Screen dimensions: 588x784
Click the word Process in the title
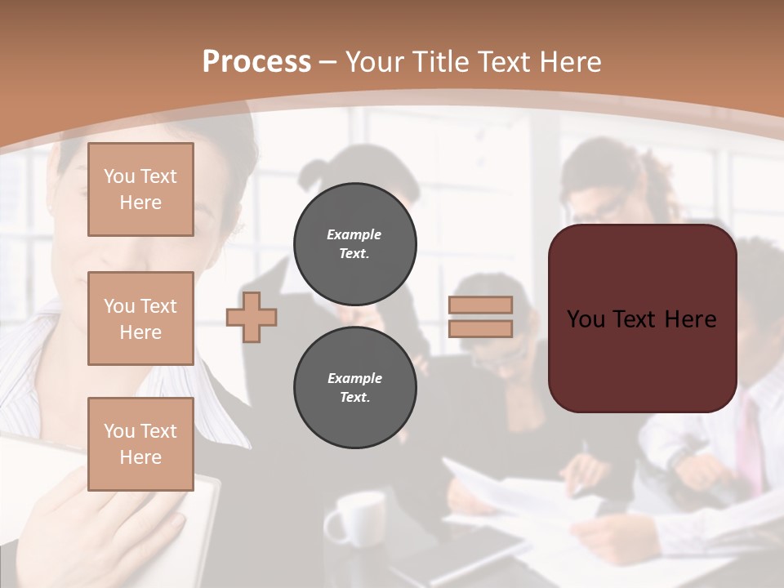click(x=256, y=62)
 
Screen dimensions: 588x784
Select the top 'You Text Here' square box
click(x=140, y=189)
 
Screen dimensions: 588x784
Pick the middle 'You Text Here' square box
click(x=140, y=318)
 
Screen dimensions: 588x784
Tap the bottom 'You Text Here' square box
click(x=140, y=444)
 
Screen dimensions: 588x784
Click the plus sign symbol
click(x=252, y=317)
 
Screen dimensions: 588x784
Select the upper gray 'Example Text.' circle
click(x=354, y=243)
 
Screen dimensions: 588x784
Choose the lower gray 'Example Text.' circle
click(x=354, y=388)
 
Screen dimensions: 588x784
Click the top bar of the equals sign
click(x=480, y=305)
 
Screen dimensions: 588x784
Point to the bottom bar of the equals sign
click(x=480, y=328)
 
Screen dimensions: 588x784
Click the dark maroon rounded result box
click(x=642, y=359)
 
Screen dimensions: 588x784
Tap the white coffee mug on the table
click(x=356, y=518)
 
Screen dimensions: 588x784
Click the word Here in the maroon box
click(x=690, y=318)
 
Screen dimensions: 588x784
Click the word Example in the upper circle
click(x=354, y=234)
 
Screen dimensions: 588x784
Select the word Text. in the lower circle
click(x=354, y=398)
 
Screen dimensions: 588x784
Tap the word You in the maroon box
click(x=586, y=318)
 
